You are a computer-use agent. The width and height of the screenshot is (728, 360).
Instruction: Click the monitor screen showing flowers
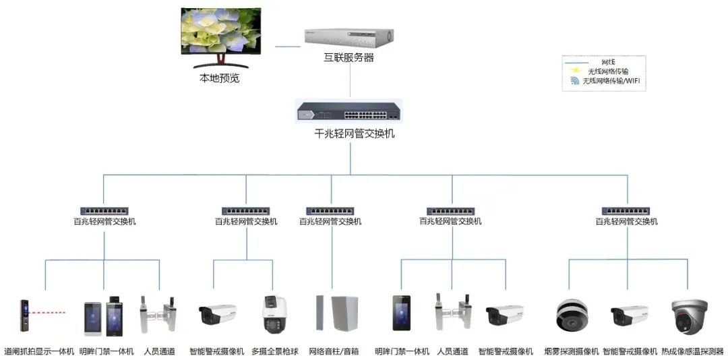point(220,32)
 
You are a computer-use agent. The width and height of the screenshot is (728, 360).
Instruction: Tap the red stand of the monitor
point(220,63)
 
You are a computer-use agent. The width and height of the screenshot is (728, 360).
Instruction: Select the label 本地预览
point(219,78)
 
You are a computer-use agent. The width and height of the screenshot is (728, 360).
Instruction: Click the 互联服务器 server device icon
point(348,38)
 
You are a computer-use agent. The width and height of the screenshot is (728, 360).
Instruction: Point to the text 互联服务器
point(348,58)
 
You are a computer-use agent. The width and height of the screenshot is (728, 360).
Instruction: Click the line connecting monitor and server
point(288,47)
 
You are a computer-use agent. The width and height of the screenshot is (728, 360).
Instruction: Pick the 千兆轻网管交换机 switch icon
point(350,110)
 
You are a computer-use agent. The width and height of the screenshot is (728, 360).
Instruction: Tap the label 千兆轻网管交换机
point(350,133)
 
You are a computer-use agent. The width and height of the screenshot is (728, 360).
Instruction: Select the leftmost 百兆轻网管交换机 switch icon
point(104,211)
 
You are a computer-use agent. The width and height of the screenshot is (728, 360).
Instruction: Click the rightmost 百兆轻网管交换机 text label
point(630,221)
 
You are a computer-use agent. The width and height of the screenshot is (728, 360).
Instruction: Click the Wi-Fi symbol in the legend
point(574,81)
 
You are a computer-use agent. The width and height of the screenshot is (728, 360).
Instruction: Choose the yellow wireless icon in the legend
point(574,71)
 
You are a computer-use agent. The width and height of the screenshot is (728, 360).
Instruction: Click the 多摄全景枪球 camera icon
point(274,314)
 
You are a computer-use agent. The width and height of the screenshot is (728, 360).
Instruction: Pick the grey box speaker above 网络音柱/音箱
point(344,313)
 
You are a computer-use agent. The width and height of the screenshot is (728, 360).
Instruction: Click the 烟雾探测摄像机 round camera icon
point(572,315)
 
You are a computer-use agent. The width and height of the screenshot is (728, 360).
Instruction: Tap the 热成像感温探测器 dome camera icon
point(689,314)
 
